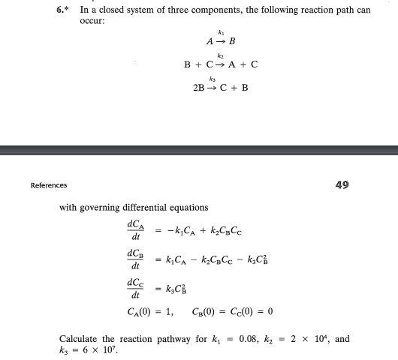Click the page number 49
pyautogui.click(x=342, y=184)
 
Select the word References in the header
pyautogui.click(x=49, y=185)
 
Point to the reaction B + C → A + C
pyautogui.click(x=221, y=65)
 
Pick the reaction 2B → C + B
pyautogui.click(x=221, y=87)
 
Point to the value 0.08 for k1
pyautogui.click(x=248, y=339)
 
